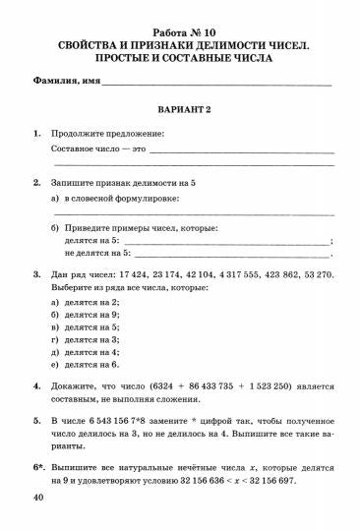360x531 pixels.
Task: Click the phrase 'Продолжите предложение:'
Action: click(107, 133)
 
